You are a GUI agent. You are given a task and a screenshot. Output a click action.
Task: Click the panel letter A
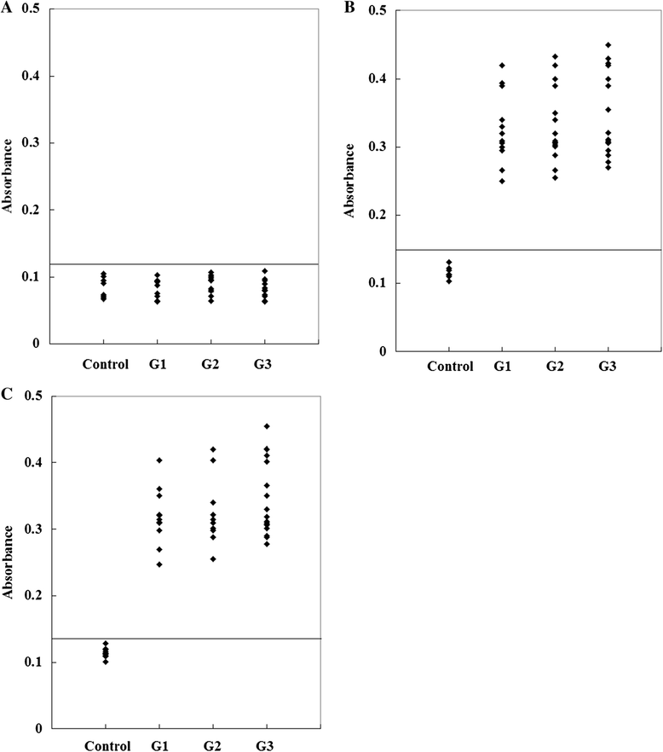click(7, 9)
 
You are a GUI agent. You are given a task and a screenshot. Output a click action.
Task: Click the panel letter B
click(350, 9)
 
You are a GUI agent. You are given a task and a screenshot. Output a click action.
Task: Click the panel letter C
click(7, 394)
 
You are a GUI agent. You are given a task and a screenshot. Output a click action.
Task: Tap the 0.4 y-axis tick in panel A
click(32, 76)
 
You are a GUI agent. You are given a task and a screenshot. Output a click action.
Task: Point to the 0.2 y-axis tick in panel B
click(377, 215)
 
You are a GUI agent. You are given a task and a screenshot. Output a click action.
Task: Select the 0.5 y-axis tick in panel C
click(33, 396)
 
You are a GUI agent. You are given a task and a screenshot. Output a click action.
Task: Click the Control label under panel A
click(106, 365)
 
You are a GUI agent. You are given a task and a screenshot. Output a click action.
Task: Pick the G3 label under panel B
click(608, 367)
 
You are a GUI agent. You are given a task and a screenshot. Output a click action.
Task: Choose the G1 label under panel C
click(159, 746)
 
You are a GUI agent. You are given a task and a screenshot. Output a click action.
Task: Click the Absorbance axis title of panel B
click(350, 181)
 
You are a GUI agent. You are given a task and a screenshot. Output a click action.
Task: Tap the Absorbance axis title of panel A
click(7, 176)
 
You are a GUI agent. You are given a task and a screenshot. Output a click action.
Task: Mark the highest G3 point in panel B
click(608, 45)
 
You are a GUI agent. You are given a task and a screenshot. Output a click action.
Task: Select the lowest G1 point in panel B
click(502, 182)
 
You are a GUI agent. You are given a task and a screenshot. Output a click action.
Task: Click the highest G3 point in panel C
click(267, 426)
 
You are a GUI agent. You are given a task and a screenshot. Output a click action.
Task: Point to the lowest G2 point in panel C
click(213, 558)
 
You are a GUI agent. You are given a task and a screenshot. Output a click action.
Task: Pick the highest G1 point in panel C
click(159, 460)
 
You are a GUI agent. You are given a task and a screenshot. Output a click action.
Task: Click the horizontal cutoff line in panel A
click(184, 264)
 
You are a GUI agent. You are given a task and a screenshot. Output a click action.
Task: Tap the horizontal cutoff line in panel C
click(186, 639)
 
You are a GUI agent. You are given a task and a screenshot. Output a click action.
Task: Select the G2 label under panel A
click(210, 365)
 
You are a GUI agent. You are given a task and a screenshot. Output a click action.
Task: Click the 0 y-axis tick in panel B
click(382, 351)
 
